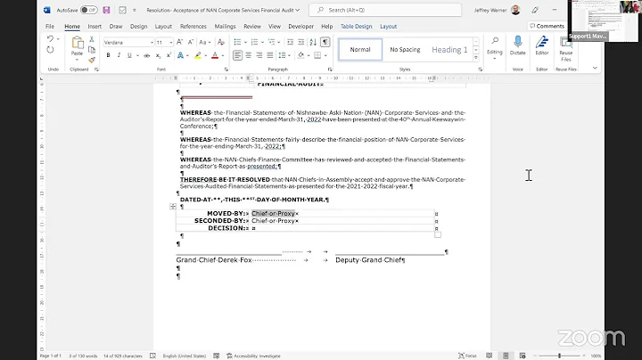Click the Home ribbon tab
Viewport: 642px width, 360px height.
72,27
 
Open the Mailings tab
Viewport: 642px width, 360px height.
225,27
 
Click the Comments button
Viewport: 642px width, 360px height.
547,27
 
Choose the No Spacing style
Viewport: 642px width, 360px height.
405,50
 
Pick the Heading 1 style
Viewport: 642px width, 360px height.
449,50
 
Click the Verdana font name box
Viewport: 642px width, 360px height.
124,42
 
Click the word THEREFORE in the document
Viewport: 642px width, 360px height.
200,179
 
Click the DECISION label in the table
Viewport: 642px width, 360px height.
226,228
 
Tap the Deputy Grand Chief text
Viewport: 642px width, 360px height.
369,260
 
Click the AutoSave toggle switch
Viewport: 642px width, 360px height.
88,10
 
